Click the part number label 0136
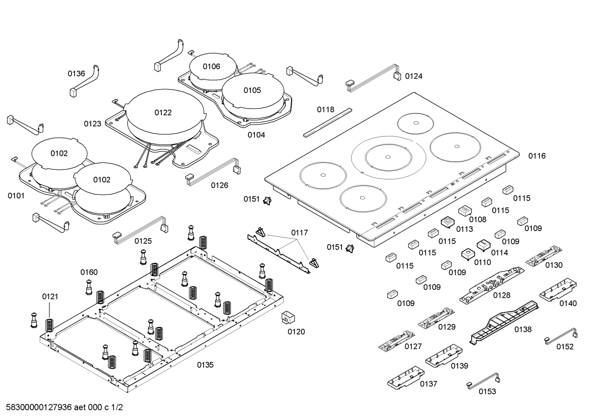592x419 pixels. click(x=76, y=74)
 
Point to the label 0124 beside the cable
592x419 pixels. click(x=413, y=76)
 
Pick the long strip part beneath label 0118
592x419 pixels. click(x=328, y=122)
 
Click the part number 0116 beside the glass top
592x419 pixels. click(x=537, y=156)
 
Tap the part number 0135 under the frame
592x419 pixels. click(x=205, y=365)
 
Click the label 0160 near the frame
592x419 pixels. click(x=89, y=272)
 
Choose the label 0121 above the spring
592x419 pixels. click(x=50, y=296)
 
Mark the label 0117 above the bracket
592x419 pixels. click(x=299, y=233)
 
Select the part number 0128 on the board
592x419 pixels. click(x=502, y=295)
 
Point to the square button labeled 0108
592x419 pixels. click(x=464, y=211)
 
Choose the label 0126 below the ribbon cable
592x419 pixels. click(x=220, y=185)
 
